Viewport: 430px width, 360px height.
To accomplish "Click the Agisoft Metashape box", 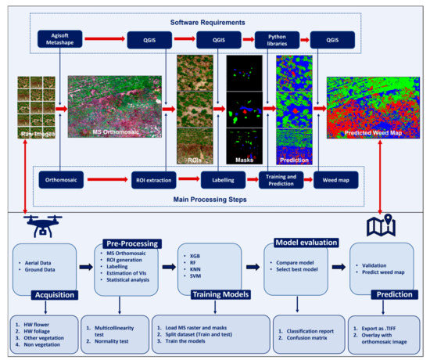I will tap(59, 40).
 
